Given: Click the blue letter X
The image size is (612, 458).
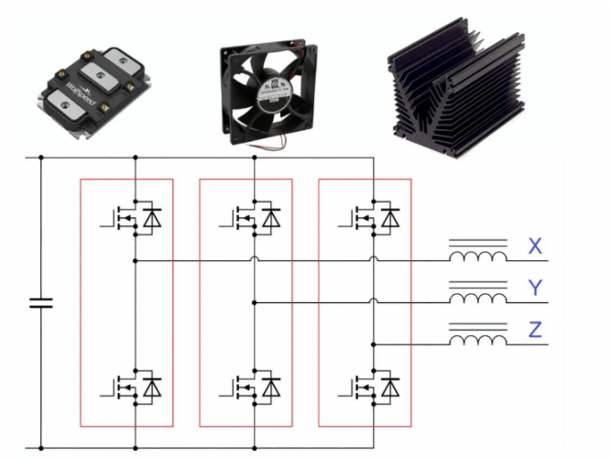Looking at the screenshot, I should coord(536,246).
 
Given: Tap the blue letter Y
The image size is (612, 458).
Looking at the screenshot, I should coord(536,289).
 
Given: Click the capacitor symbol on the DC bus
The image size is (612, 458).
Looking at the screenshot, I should coord(41,302).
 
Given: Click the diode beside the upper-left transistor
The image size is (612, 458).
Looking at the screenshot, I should coord(152,217).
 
